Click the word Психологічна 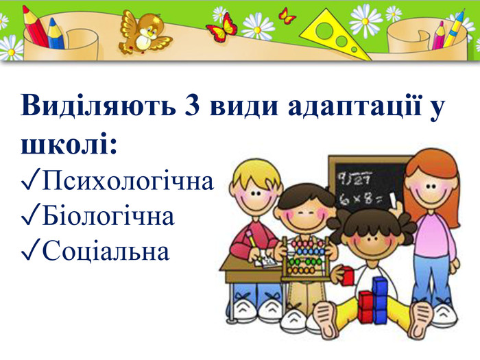point(128,181)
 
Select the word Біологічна point(108,216)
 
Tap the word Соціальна point(106,251)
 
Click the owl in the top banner point(143,33)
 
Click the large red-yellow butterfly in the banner point(222,28)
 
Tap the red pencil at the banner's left point(35,27)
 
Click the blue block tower point(380,300)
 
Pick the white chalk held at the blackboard point(393,200)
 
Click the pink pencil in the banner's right point(439,36)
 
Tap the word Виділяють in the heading point(98,105)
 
